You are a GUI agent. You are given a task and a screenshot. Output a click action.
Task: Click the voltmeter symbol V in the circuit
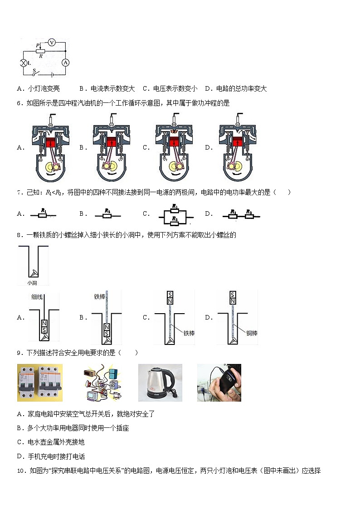[x=52, y=42]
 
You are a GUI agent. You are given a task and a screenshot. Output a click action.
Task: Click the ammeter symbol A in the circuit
[x=65, y=63]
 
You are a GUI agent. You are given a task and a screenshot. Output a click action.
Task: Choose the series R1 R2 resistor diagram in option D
[x=241, y=214]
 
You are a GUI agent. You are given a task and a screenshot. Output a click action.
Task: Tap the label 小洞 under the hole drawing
[x=32, y=283]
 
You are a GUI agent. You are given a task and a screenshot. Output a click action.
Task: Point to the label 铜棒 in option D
[x=252, y=333]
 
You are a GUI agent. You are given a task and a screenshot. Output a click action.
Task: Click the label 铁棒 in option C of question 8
[x=189, y=333]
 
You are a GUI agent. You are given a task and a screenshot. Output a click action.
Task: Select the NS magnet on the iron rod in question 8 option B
[x=107, y=330]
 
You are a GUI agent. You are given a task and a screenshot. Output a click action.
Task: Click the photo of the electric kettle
[x=160, y=383]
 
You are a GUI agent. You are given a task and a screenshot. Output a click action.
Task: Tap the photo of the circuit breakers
[x=39, y=383]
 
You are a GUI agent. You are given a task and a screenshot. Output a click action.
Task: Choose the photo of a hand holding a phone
[x=219, y=383]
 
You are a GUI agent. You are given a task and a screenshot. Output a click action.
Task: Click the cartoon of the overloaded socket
[x=101, y=383]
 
